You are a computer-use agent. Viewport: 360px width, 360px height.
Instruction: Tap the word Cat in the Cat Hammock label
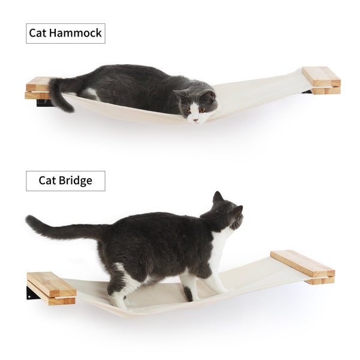pyautogui.click(x=41, y=33)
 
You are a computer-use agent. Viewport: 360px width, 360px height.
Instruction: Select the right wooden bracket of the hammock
pyautogui.click(x=321, y=80)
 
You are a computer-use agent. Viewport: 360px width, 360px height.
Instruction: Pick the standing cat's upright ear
pyautogui.click(x=217, y=197)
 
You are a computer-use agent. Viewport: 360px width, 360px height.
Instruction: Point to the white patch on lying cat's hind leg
pyautogui.click(x=90, y=94)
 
